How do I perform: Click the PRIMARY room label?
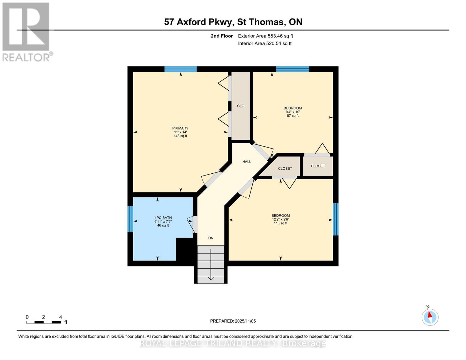click(180, 128)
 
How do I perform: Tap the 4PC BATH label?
click(163, 218)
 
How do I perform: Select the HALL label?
click(247, 162)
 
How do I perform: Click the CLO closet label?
click(241, 106)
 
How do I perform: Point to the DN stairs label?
click(211, 238)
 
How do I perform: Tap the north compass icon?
click(430, 317)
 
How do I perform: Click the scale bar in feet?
click(44, 322)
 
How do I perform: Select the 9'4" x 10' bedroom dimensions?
click(293, 112)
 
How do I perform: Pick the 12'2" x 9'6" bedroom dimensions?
click(281, 219)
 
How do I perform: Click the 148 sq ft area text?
click(180, 136)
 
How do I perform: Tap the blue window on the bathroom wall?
click(130, 219)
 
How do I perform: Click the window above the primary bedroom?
click(180, 69)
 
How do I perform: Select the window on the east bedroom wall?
click(336, 219)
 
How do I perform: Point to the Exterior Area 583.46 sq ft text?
click(265, 36)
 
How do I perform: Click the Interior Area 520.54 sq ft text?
click(265, 43)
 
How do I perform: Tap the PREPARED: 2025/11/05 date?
click(233, 321)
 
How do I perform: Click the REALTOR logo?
click(26, 32)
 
